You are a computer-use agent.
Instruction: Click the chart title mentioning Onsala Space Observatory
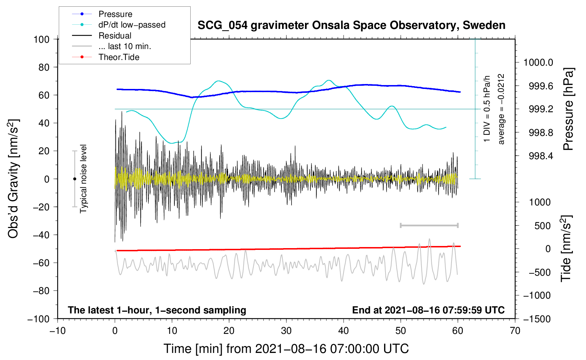(x=351, y=25)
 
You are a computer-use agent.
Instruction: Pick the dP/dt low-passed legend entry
(x=132, y=25)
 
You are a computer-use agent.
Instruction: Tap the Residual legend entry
(x=115, y=36)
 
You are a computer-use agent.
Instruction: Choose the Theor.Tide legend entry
(x=119, y=57)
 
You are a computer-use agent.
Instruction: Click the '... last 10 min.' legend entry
(x=125, y=46)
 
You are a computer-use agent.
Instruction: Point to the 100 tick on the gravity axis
(x=41, y=39)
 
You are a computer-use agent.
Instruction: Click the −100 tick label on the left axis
(x=38, y=319)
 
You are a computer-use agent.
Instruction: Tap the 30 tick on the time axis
(x=286, y=331)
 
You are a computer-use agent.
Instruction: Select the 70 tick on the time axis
(x=515, y=331)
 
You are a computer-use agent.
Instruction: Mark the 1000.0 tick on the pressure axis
(x=538, y=62)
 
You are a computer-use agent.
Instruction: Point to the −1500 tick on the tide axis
(x=537, y=319)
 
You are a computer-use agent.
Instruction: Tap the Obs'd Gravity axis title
(x=13, y=179)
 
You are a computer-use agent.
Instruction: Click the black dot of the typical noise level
(x=74, y=179)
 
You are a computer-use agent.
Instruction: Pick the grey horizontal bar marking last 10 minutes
(x=429, y=225)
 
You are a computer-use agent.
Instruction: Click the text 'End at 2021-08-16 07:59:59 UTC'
(x=428, y=310)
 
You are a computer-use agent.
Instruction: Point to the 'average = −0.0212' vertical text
(x=501, y=109)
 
